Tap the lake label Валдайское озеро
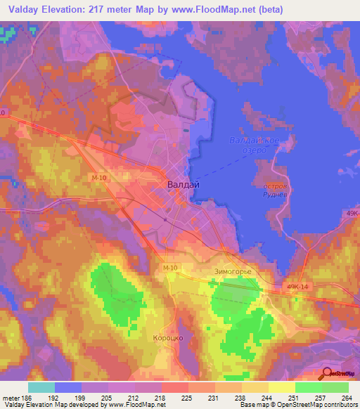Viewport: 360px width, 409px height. tap(255, 146)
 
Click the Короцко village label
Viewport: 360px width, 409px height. tap(167, 338)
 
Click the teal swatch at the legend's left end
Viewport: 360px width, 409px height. tap(41, 387)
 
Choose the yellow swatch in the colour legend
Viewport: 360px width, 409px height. tap(282, 387)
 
